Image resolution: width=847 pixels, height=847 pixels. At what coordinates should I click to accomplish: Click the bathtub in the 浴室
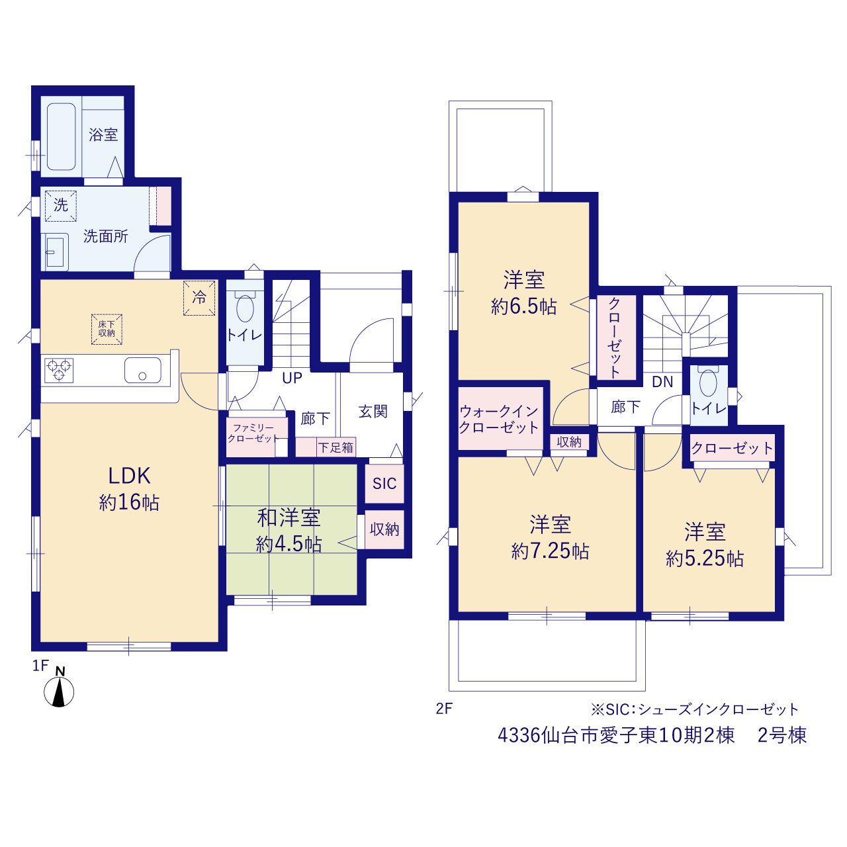[61, 137]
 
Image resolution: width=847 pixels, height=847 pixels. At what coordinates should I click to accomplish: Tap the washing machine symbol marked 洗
[61, 206]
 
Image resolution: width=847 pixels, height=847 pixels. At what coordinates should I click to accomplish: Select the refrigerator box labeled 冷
[199, 298]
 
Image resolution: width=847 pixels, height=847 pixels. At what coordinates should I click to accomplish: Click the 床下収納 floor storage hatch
[107, 330]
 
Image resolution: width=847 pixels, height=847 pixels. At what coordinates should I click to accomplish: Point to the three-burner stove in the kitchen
[59, 371]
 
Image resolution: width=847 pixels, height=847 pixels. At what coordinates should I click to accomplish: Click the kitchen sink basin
[142, 371]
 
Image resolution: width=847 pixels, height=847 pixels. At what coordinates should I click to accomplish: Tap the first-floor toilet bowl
[245, 308]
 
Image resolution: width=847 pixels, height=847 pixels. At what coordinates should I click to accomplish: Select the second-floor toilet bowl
[707, 383]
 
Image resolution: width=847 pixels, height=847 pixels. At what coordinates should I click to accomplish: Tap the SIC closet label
[384, 484]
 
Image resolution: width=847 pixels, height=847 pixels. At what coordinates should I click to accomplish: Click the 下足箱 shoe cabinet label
[335, 447]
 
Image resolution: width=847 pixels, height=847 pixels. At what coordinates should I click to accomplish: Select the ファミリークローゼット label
[253, 433]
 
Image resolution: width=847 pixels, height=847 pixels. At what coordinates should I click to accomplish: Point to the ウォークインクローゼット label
[499, 420]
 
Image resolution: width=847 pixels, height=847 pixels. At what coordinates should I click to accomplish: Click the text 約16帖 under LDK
[129, 502]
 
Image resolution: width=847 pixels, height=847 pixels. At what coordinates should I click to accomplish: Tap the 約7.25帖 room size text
[550, 551]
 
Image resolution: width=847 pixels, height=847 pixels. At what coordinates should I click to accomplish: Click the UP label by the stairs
[292, 378]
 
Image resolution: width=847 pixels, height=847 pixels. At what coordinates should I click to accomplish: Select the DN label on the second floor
[662, 382]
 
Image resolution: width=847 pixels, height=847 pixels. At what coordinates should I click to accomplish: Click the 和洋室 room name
[289, 517]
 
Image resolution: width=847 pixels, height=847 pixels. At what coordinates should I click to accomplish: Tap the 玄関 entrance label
[373, 412]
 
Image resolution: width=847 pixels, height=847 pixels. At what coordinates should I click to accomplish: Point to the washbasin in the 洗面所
[55, 252]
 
